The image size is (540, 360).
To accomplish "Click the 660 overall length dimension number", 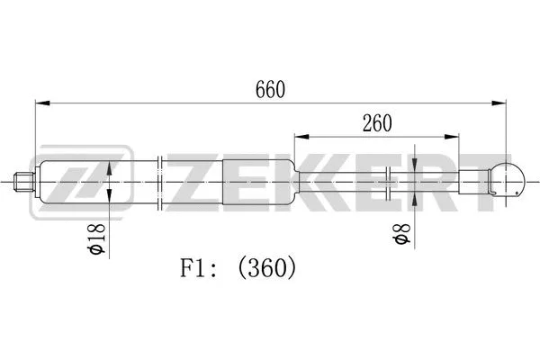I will (x=269, y=90).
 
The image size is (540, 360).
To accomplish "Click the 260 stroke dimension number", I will (x=376, y=125).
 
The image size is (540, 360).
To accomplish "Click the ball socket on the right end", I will (x=508, y=180).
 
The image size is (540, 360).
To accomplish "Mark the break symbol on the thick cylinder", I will (x=160, y=184).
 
